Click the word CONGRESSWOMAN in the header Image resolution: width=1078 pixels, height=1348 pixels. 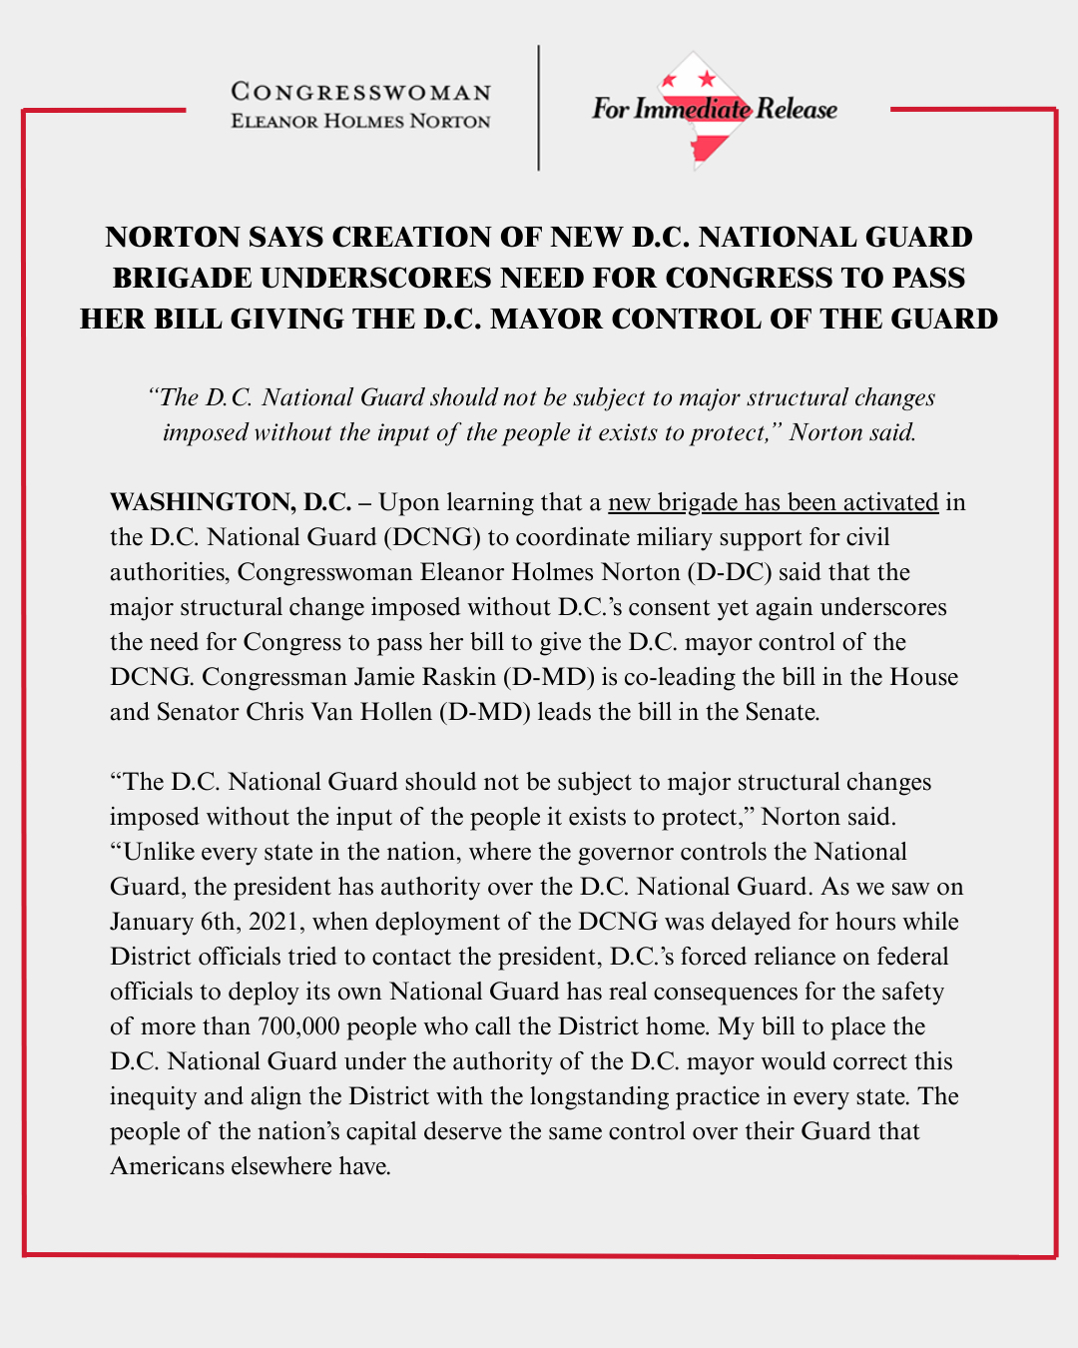click(x=360, y=92)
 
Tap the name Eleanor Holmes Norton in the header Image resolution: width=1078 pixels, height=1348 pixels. click(x=360, y=121)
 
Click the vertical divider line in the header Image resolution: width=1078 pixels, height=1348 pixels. click(x=539, y=108)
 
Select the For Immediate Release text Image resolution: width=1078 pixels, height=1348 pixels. click(x=714, y=109)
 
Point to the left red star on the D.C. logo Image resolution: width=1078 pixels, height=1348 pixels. click(x=671, y=81)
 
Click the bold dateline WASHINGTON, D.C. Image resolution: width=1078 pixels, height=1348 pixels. click(x=231, y=501)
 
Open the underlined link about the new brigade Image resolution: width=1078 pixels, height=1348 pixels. click(x=773, y=501)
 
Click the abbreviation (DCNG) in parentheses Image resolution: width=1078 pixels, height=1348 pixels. click(x=434, y=537)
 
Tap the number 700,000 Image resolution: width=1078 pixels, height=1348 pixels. click(x=298, y=1026)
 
